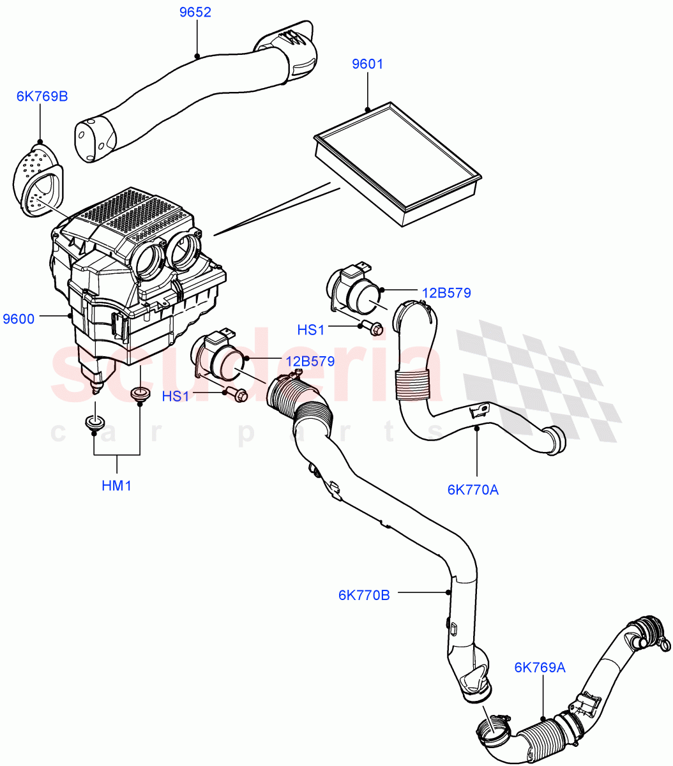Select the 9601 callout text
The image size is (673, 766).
(368, 64)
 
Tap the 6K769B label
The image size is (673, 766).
(42, 96)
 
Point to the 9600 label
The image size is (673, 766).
(19, 319)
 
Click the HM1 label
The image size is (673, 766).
(116, 486)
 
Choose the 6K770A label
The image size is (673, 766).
(473, 490)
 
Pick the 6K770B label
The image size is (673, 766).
(364, 595)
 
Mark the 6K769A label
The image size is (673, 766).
(540, 668)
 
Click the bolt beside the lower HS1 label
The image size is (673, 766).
(238, 395)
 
